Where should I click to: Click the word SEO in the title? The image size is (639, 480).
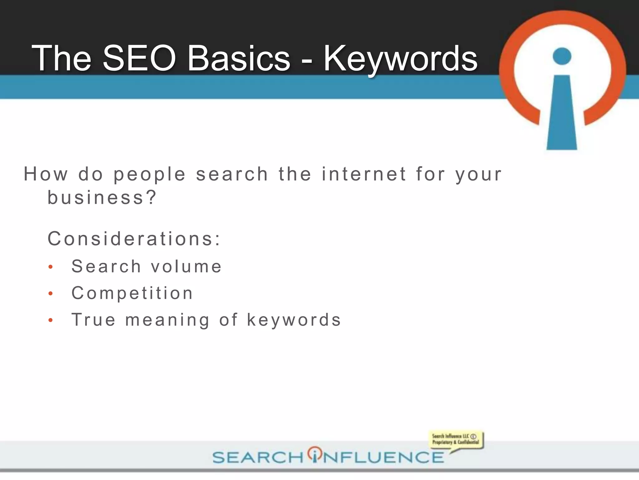pos(139,58)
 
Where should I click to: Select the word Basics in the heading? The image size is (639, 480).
pos(239,58)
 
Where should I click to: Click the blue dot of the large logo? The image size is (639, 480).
pos(562,56)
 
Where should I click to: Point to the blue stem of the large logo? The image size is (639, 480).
pos(562,116)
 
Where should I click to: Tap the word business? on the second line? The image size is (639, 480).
pos(102,198)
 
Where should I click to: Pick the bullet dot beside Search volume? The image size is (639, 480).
pos(51,267)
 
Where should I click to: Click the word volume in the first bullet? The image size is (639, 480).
pos(186,267)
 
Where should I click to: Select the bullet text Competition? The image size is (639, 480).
pos(132,293)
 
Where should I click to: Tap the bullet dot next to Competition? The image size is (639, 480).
pos(51,294)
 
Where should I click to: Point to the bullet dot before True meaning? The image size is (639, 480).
pos(51,320)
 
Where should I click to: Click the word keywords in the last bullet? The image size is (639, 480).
pos(294,320)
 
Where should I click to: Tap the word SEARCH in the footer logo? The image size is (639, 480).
pos(258,457)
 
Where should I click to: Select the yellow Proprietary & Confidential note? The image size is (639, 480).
pos(456,439)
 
